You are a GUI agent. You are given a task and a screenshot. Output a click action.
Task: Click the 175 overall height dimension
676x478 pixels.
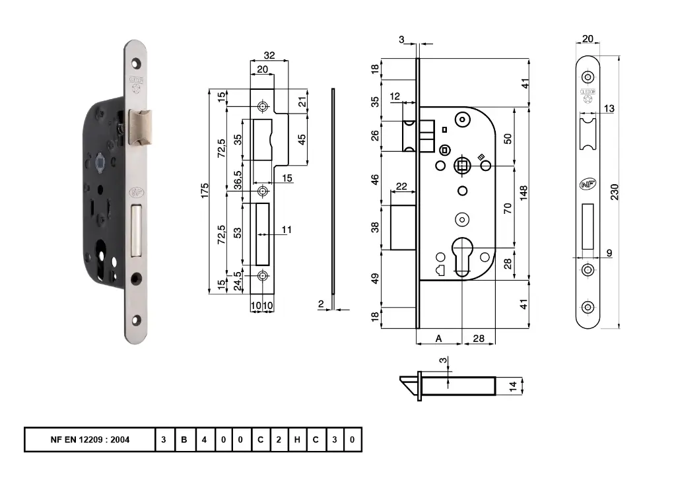[205, 191]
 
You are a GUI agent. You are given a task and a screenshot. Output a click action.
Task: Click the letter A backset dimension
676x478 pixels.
[438, 338]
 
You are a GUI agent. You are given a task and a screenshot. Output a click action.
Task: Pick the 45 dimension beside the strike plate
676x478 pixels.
[302, 140]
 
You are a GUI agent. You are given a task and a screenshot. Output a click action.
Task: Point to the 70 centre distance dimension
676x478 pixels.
[508, 207]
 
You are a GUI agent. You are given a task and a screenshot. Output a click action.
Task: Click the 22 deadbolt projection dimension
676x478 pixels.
[401, 187]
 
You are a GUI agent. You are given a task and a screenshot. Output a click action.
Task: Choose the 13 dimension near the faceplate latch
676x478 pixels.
[609, 108]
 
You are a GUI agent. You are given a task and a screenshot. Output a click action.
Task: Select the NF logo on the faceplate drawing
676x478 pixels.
[587, 185]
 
